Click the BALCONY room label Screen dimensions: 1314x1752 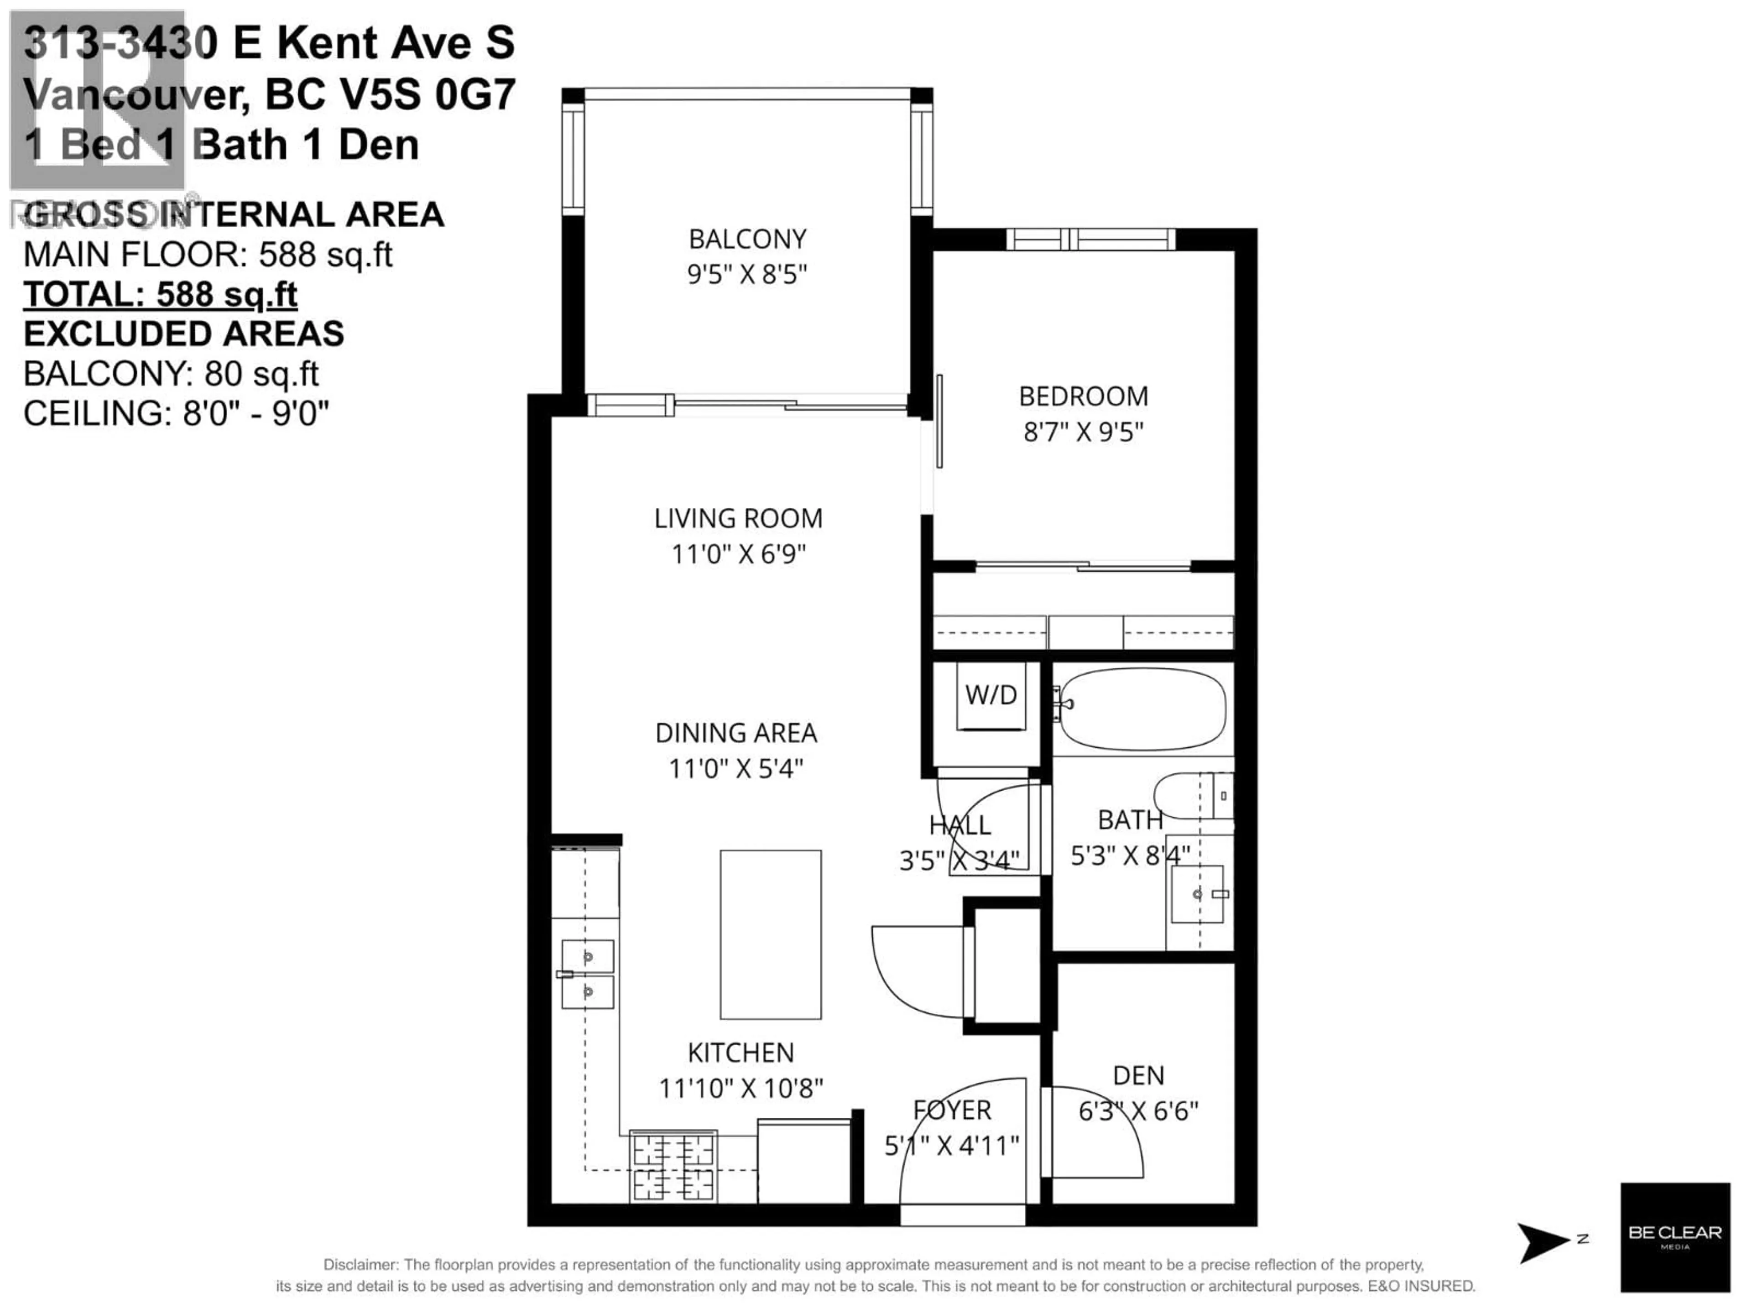click(x=747, y=239)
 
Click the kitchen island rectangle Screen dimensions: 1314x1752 click(x=770, y=934)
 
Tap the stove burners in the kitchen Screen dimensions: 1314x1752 click(x=673, y=1165)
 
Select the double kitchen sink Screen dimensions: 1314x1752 click(x=587, y=974)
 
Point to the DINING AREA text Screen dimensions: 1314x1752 click(x=736, y=733)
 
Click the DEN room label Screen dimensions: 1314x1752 click(x=1138, y=1075)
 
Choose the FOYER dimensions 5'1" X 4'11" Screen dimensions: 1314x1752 click(x=951, y=1145)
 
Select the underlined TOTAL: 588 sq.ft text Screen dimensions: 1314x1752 click(x=160, y=295)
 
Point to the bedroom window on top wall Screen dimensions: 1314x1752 click(x=1090, y=239)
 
